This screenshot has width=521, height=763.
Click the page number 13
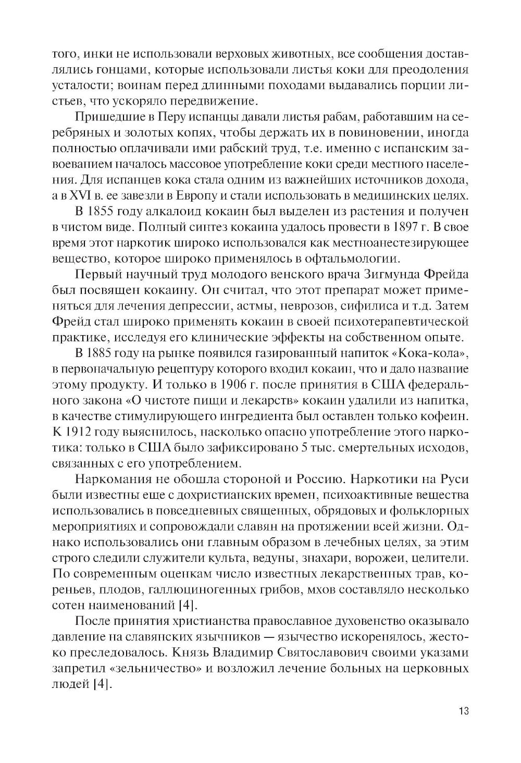[x=464, y=711]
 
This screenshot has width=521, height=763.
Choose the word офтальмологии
[x=352, y=259]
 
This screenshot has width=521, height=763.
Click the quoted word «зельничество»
[x=144, y=669]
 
